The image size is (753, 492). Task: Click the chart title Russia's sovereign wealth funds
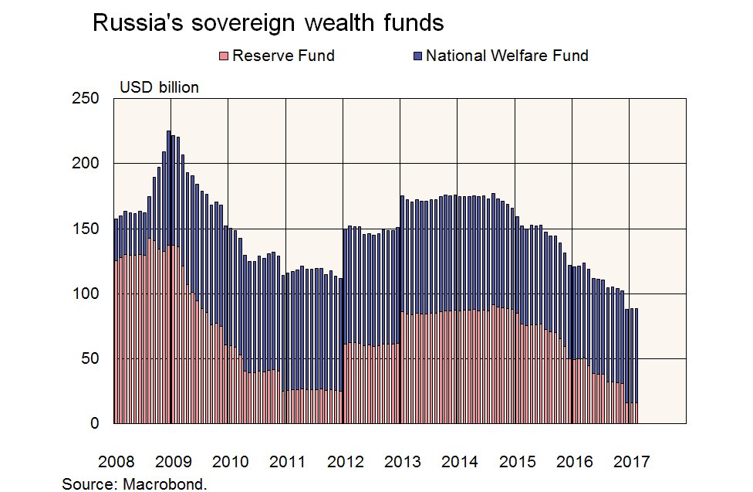(268, 23)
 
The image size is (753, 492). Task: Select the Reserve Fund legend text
(283, 56)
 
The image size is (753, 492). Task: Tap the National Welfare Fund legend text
(507, 56)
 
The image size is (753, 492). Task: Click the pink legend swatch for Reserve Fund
(225, 56)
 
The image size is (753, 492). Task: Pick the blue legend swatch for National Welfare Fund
(417, 56)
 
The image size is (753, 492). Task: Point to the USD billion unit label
(159, 87)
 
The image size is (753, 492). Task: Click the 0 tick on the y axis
(95, 423)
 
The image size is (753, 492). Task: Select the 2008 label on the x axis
(116, 462)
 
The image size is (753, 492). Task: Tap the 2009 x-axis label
(173, 462)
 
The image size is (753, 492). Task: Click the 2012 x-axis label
(345, 462)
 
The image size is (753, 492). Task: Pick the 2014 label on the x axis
(460, 462)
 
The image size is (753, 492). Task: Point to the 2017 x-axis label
(632, 462)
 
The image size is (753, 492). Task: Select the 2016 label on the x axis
(575, 462)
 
